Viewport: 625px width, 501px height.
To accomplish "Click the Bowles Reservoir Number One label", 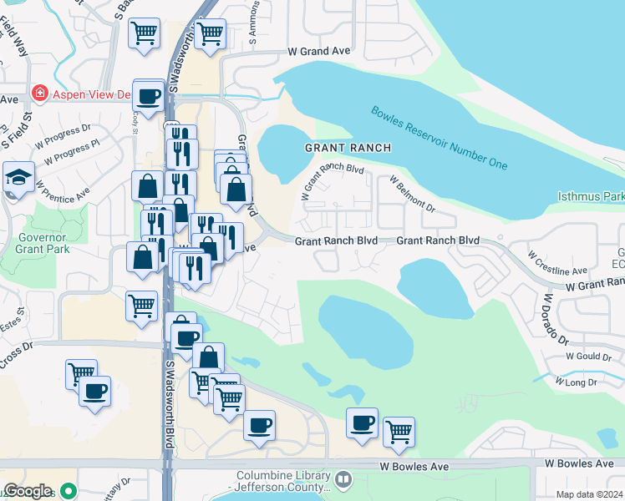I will pyautogui.click(x=440, y=138).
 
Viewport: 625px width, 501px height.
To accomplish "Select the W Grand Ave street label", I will pyautogui.click(x=318, y=51).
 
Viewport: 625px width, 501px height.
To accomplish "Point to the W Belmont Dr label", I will pyautogui.click(x=413, y=193).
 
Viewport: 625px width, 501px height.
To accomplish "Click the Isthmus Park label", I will pyautogui.click(x=591, y=196).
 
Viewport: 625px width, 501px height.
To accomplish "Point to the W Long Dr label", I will pyautogui.click(x=582, y=382).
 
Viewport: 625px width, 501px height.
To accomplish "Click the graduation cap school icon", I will pyautogui.click(x=18, y=177).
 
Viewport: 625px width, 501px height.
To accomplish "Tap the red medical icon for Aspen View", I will pyautogui.click(x=38, y=94).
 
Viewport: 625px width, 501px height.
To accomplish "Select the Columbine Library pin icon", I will pyautogui.click(x=343, y=479).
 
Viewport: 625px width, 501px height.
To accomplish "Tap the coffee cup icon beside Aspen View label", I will pyautogui.click(x=149, y=97).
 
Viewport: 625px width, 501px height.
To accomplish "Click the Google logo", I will pyautogui.click(x=28, y=491).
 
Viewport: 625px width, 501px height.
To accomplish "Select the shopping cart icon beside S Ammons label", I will pyautogui.click(x=210, y=33).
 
